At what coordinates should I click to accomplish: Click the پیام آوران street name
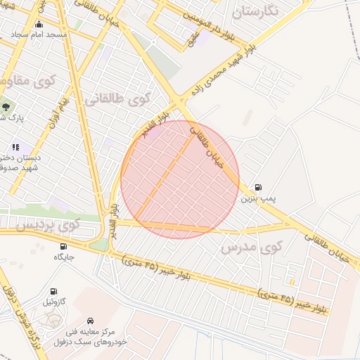[x=57, y=112]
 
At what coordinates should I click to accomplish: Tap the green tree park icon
[x=6, y=107]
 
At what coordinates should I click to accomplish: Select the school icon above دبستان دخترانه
[x=15, y=147]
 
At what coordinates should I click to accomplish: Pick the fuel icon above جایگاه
[x=64, y=246]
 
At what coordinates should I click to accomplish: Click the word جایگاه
[x=64, y=257]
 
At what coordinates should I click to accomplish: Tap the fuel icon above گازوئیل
[x=53, y=291]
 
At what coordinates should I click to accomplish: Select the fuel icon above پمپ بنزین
[x=258, y=187]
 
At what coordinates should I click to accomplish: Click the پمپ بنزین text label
[x=258, y=199]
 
